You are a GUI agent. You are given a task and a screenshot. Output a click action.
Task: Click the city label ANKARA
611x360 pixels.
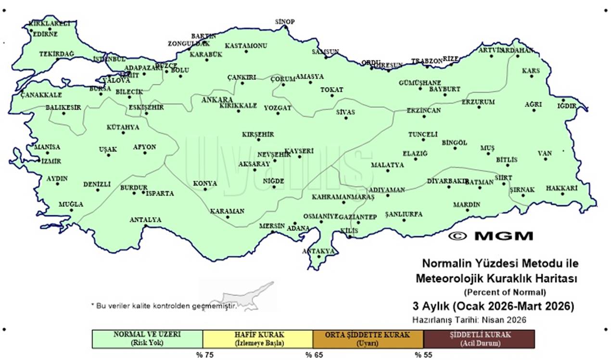(x=217, y=100)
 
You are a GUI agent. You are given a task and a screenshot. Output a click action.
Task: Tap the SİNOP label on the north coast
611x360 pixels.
(x=285, y=22)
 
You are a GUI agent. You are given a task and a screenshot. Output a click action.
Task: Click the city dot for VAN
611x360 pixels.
(x=546, y=158)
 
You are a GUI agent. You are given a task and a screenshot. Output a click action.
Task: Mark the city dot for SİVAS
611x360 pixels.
(x=346, y=118)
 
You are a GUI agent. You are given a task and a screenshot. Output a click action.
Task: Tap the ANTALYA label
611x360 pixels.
(x=145, y=220)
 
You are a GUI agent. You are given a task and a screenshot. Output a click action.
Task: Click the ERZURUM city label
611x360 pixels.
(x=478, y=102)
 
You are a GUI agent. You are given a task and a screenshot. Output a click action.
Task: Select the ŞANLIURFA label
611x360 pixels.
(x=404, y=214)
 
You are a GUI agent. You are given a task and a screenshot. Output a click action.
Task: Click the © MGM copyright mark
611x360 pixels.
(x=491, y=236)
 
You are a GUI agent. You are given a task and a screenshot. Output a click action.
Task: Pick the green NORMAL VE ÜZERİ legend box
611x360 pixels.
(x=147, y=339)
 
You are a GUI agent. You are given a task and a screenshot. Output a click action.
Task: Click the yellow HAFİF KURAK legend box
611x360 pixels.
(x=258, y=339)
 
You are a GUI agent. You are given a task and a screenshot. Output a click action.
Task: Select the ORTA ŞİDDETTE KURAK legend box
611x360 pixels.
(x=368, y=339)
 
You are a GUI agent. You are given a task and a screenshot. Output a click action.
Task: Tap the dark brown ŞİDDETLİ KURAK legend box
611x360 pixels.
(x=479, y=339)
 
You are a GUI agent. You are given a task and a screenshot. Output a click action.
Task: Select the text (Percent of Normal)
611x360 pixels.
(x=505, y=292)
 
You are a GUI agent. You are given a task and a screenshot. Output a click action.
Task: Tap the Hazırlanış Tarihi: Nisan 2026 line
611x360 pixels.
(x=469, y=320)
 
